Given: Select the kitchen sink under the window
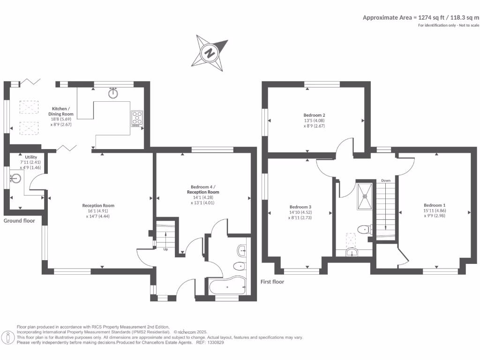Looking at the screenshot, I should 113,93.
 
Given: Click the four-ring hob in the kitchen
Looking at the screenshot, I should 137,118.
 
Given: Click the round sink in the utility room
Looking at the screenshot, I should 16,179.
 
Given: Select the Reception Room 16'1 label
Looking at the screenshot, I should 98,210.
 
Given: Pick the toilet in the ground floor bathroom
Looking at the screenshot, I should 239,267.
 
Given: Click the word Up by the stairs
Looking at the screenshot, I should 165,249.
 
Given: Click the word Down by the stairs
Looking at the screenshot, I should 386,180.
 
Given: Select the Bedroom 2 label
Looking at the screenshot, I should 314,120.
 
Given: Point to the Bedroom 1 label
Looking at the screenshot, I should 435,210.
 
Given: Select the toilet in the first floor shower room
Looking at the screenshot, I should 363,229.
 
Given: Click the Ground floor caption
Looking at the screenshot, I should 19,220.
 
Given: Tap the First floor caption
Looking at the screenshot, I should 272,282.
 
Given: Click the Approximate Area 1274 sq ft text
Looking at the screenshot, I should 421,17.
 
